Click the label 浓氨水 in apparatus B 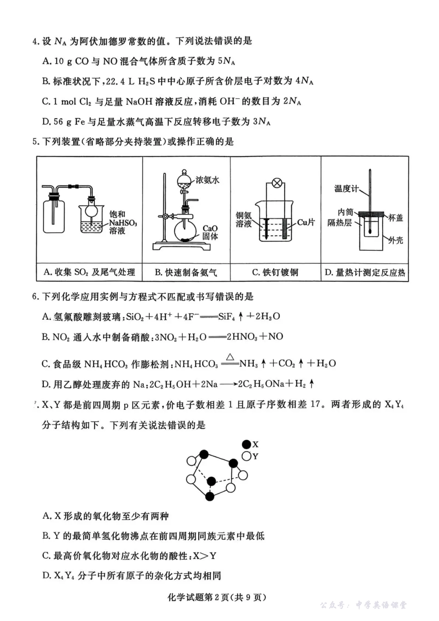coord(207,180)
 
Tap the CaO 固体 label coord(210,232)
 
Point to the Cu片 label coord(305,222)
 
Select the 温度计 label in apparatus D coord(346,189)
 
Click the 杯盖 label coord(395,218)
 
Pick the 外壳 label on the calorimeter coord(396,240)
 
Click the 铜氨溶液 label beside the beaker coord(244,219)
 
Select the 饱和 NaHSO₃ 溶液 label coord(122,222)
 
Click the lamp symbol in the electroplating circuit coord(277,183)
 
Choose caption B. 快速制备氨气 coord(186,273)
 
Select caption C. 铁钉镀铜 coord(275,273)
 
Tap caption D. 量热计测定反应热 coord(365,273)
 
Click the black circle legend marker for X coord(246,444)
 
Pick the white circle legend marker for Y coord(246,457)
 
